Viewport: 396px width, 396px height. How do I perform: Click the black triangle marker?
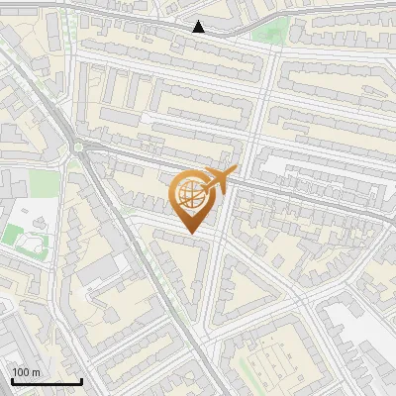pos(199,27)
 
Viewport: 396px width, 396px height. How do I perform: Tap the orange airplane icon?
pos(221,178)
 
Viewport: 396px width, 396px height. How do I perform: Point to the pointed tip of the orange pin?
pos(190,233)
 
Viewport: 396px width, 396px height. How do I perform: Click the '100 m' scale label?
pos(27,372)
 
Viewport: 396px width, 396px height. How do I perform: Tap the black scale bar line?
pos(47,382)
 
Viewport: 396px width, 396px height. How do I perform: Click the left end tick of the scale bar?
pos(12,381)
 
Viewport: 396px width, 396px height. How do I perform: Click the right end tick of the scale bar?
pos(81,381)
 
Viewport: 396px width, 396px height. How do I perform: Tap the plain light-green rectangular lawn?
pos(42,182)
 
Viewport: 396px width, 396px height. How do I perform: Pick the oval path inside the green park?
pos(25,238)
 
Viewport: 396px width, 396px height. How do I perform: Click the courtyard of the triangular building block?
pos(238,287)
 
